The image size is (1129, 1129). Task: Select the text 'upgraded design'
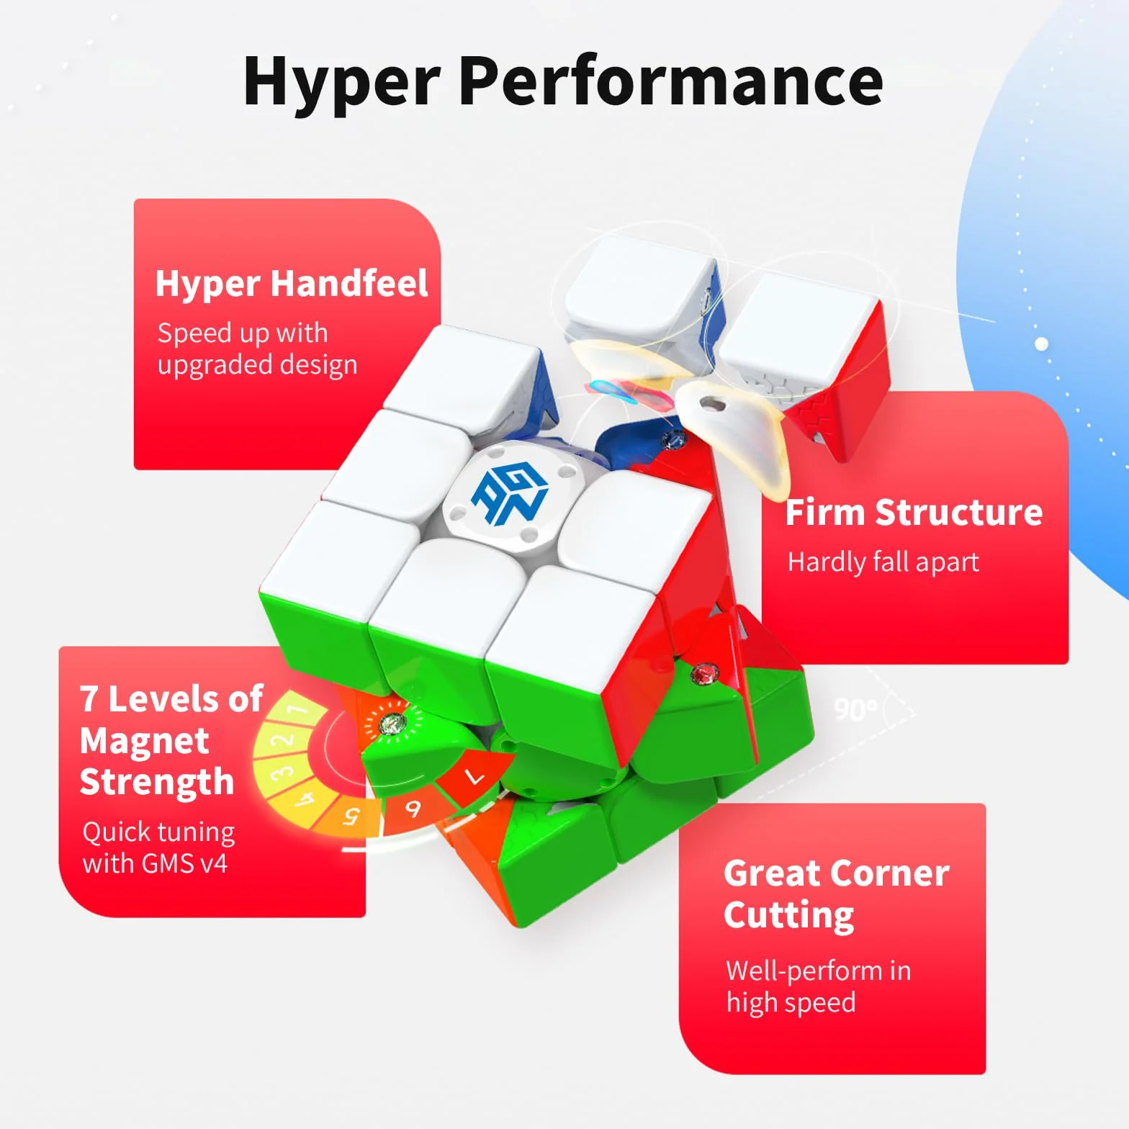pyautogui.click(x=257, y=366)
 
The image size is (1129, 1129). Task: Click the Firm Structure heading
pyautogui.click(x=914, y=512)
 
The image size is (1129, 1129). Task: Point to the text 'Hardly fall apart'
pyautogui.click(x=883, y=562)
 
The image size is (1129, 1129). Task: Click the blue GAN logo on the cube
pyautogui.click(x=510, y=495)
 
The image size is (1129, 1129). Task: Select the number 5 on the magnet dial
pyautogui.click(x=351, y=817)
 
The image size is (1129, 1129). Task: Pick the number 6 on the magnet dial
pyautogui.click(x=413, y=809)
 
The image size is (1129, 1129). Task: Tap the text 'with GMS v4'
pyautogui.click(x=155, y=863)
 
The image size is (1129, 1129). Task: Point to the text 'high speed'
pyautogui.click(x=791, y=1003)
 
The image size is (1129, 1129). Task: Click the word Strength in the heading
pyautogui.click(x=157, y=783)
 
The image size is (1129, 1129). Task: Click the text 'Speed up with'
pyautogui.click(x=243, y=333)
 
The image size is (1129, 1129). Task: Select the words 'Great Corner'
pyautogui.click(x=837, y=873)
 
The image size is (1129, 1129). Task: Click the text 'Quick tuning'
pyautogui.click(x=158, y=832)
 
